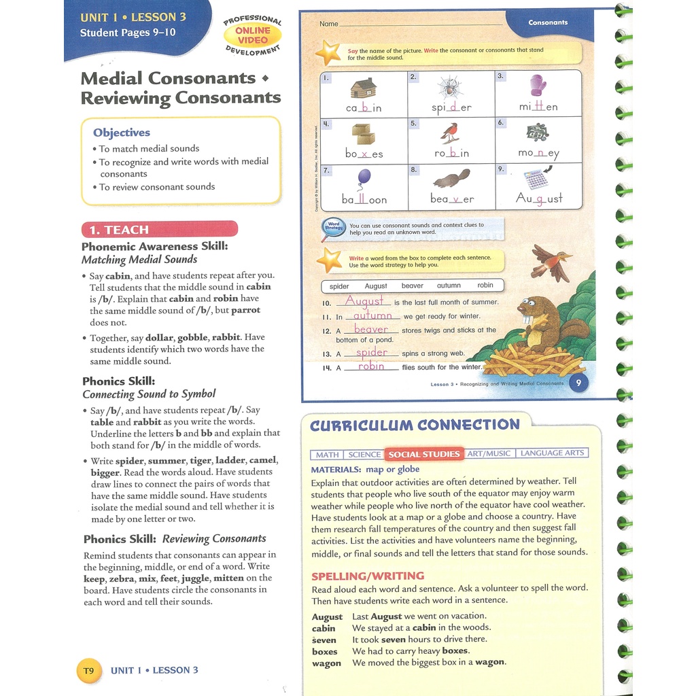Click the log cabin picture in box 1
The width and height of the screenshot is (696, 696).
pyautogui.click(x=364, y=88)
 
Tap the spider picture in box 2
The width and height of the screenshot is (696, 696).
pyautogui.click(x=450, y=87)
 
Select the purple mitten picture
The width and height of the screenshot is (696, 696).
pyautogui.click(x=538, y=86)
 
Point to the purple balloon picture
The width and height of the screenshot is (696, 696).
pyautogui.click(x=364, y=178)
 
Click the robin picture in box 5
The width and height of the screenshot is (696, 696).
pyautogui.click(x=449, y=132)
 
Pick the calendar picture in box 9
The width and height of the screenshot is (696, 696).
pyautogui.click(x=536, y=179)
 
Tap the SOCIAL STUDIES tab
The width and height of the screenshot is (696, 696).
pyautogui.click(x=424, y=454)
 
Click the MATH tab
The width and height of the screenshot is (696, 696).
pyautogui.click(x=327, y=454)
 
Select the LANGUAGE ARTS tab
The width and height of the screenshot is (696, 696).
pyautogui.click(x=551, y=453)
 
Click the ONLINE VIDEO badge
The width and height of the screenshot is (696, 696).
pyautogui.click(x=253, y=35)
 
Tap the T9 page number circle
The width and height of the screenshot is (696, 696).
pyautogui.click(x=88, y=670)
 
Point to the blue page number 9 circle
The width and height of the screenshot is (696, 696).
pyautogui.click(x=578, y=383)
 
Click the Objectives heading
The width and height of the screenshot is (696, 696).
pyautogui.click(x=122, y=133)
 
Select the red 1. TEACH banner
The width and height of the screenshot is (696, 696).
pyautogui.click(x=159, y=229)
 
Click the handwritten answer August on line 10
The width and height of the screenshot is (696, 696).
pyautogui.click(x=364, y=300)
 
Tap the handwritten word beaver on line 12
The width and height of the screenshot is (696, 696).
pyautogui.click(x=370, y=329)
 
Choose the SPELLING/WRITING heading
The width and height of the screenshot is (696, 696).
pyautogui.click(x=368, y=576)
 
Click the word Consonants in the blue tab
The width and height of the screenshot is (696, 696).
pyautogui.click(x=548, y=22)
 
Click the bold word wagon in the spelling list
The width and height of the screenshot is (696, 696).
pyautogui.click(x=326, y=663)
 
